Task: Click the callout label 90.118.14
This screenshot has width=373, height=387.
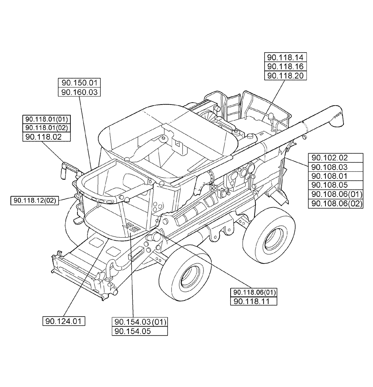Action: (285, 57)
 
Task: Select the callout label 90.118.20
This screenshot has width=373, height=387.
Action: (285, 75)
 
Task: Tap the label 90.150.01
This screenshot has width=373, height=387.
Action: (79, 82)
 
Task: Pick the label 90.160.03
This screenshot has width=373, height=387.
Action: (79, 92)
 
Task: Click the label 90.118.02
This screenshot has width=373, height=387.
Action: (43, 137)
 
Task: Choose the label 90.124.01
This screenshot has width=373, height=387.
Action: (64, 321)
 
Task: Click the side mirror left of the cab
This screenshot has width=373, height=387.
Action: (63, 170)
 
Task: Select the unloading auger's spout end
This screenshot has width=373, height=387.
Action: (337, 117)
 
